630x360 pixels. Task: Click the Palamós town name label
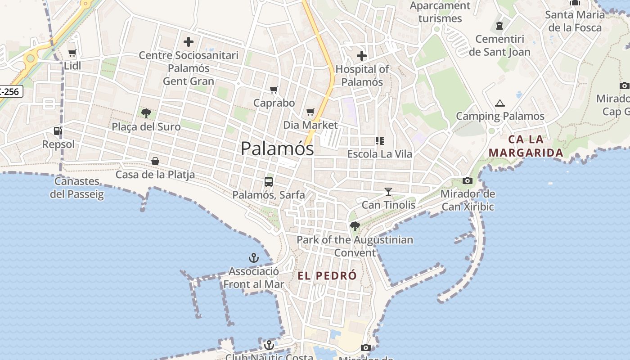point(277,148)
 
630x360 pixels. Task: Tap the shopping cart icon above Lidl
point(72,53)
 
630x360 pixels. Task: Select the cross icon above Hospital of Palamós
point(362,56)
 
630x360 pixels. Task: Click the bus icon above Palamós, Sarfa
point(269,182)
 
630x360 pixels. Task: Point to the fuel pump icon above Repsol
point(58,131)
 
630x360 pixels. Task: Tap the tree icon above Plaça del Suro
point(146,113)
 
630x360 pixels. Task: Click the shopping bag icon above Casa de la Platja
point(155,161)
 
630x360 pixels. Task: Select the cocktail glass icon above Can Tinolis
point(388,192)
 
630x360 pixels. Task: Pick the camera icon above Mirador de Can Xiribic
point(468,181)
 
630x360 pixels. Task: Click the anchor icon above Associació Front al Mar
point(254,258)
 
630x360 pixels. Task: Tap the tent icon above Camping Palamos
point(500,103)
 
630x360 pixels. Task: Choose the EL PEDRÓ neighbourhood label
point(327,276)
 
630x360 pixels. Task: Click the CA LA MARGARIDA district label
point(526,146)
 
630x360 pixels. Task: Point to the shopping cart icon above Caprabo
point(274,90)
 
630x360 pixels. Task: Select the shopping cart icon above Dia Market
point(310,112)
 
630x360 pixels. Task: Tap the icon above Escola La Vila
point(380,141)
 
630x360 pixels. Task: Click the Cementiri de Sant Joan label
point(499,45)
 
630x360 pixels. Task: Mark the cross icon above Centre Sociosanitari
point(189,42)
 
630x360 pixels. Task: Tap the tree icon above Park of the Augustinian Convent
point(355,226)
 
